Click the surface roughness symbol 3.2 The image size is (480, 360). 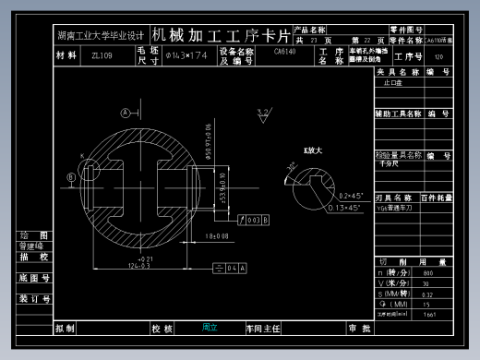tap(263, 113)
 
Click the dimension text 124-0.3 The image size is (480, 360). tap(138, 267)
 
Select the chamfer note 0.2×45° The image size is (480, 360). tap(353, 196)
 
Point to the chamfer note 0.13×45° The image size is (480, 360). tap(346, 209)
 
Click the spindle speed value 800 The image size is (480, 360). tap(426, 274)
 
